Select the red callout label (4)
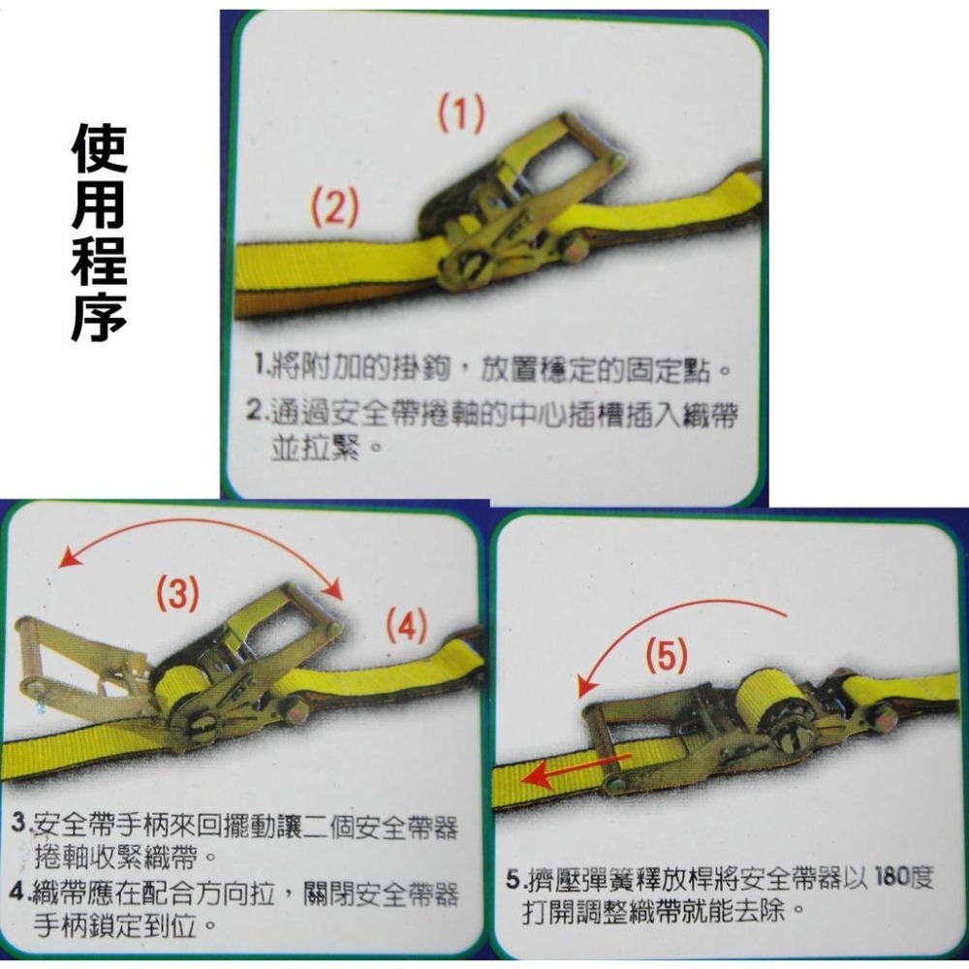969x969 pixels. coord(406,627)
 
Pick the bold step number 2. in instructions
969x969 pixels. coord(256,414)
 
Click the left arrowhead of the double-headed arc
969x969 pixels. coord(66,560)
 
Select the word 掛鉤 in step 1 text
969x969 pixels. coord(397,369)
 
